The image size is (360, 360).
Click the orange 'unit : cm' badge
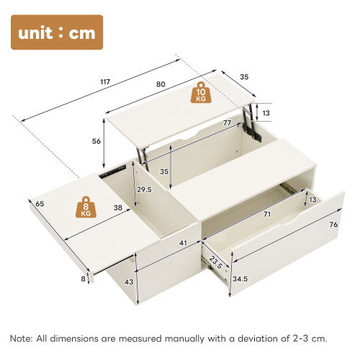pos(57,32)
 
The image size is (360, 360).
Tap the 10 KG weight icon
pos(202,92)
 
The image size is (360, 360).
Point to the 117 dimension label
pos(105,82)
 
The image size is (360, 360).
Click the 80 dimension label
pos(160,84)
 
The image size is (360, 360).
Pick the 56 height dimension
pos(96,141)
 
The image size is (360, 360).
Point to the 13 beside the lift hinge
pos(266,113)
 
